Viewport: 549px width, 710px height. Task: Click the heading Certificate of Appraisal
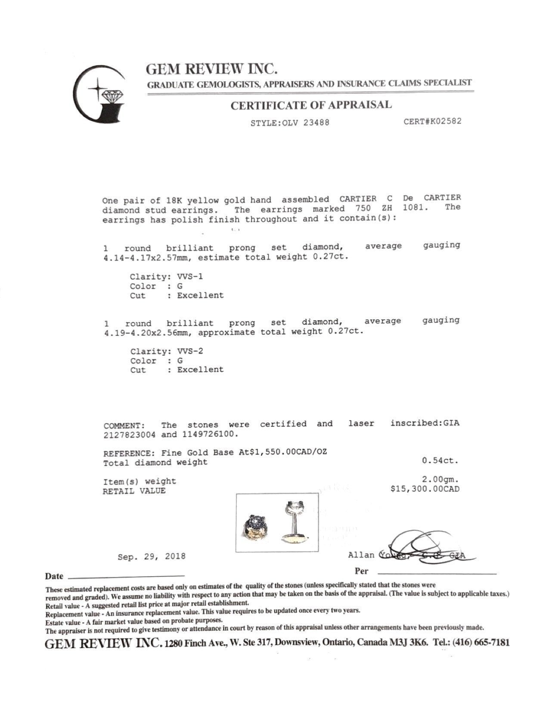(311, 105)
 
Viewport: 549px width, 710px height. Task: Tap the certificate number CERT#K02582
(432, 121)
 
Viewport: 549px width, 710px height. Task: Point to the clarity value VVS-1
(190, 277)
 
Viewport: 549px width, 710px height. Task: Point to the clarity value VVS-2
(190, 351)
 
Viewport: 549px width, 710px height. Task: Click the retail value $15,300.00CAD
(425, 489)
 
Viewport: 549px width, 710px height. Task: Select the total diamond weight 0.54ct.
(440, 460)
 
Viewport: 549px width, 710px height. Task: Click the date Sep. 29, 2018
(152, 556)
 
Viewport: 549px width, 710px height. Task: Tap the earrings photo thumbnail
(277, 523)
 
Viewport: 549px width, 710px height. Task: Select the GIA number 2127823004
(130, 435)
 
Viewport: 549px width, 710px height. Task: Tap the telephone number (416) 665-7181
(481, 643)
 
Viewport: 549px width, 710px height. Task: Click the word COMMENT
(124, 426)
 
